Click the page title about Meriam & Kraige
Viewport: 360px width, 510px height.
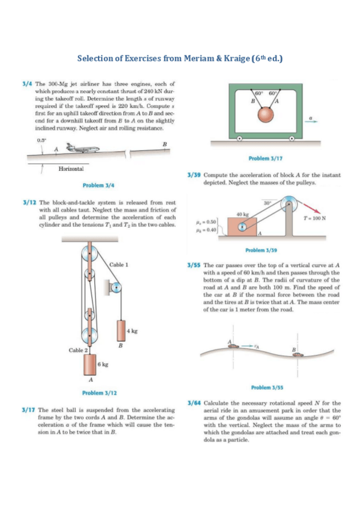tap(180, 58)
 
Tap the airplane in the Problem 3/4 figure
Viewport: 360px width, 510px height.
tap(82, 148)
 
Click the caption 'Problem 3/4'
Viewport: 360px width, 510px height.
tap(99, 185)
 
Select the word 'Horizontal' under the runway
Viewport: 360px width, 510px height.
tap(71, 169)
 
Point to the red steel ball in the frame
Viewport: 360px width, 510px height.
tap(266, 114)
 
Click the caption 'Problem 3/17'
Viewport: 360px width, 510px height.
tap(266, 158)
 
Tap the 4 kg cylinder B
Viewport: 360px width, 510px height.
tap(121, 330)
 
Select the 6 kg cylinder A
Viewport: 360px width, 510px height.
tap(90, 364)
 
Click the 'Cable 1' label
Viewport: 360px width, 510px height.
tap(118, 265)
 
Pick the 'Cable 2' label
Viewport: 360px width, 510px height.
tap(78, 350)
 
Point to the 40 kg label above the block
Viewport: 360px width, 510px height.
tap(242, 214)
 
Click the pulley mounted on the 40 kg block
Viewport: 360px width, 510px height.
tap(242, 227)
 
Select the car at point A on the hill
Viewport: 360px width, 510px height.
tap(233, 346)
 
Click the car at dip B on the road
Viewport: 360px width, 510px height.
tap(298, 354)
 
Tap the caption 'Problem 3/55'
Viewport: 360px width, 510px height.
tap(267, 387)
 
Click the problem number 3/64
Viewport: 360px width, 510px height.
tap(194, 403)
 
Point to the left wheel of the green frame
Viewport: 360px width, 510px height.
tap(239, 138)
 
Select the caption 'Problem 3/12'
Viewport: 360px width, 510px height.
tap(99, 393)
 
